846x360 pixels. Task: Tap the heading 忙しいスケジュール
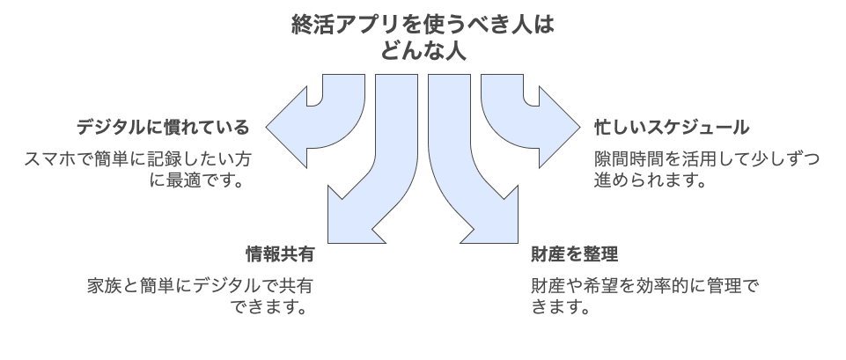[x=672, y=128]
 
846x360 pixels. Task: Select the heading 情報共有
[x=278, y=255]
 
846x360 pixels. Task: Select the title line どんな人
[x=423, y=53]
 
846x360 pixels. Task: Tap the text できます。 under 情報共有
[x=270, y=309]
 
